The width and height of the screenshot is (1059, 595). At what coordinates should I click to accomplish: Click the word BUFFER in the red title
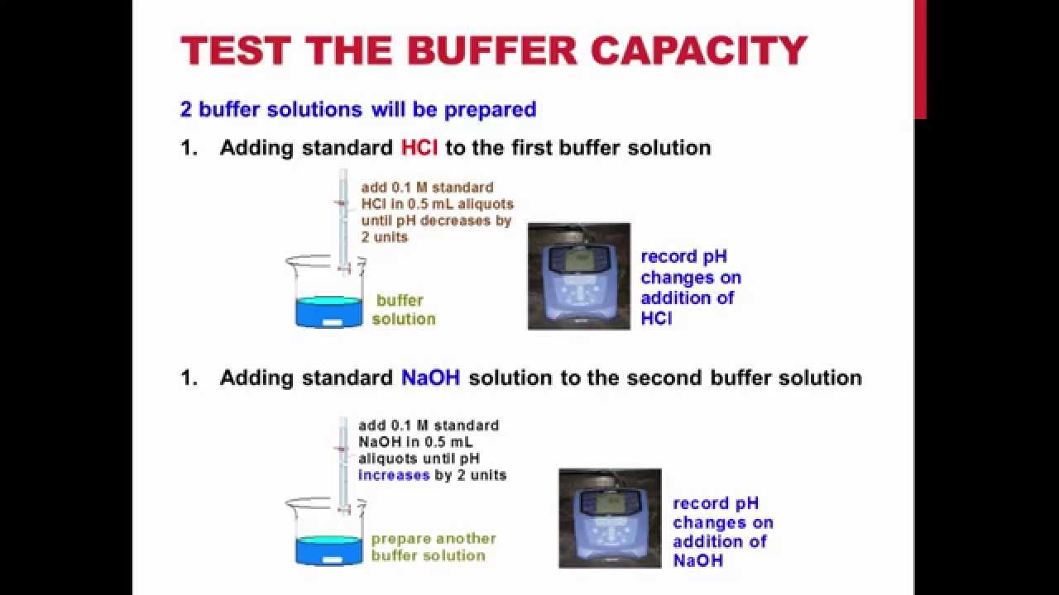click(x=492, y=51)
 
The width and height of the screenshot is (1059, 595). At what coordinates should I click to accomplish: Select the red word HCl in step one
click(x=419, y=148)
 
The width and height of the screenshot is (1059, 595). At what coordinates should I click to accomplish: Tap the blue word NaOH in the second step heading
click(x=431, y=378)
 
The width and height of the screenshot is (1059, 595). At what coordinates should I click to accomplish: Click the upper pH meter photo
click(x=578, y=276)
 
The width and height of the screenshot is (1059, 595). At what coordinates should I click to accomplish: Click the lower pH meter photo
click(x=610, y=518)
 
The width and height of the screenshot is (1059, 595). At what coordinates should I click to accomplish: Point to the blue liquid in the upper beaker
click(x=328, y=312)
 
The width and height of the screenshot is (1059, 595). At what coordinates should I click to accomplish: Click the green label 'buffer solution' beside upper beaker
click(x=403, y=310)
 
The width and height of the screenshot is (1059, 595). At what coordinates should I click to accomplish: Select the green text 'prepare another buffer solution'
click(x=433, y=547)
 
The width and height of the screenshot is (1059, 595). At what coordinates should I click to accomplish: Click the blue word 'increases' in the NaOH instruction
click(x=394, y=475)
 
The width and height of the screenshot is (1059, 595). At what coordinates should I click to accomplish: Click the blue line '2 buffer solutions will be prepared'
click(x=358, y=109)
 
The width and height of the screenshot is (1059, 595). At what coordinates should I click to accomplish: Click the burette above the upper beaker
click(x=343, y=215)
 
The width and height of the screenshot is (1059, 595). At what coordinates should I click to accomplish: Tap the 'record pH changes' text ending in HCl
click(x=690, y=287)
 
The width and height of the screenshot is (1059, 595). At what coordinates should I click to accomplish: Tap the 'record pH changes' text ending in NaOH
click(x=721, y=531)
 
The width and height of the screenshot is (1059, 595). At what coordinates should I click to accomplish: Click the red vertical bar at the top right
click(x=920, y=58)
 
